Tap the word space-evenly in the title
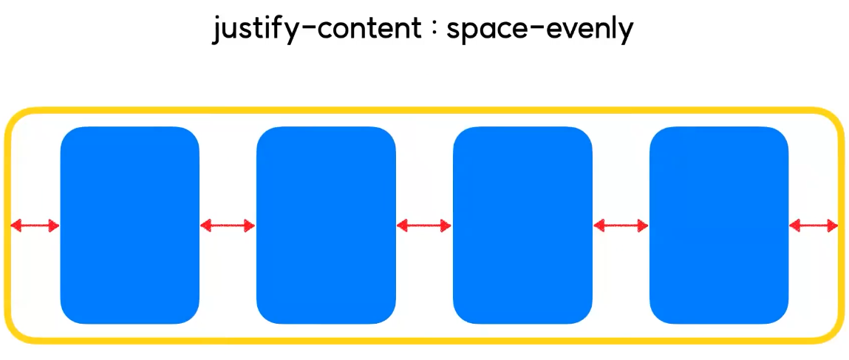tap(539, 30)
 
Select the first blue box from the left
tap(130, 225)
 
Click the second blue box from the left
tap(326, 225)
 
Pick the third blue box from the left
tap(522, 225)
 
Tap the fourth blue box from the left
tap(719, 225)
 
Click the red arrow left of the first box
tap(35, 225)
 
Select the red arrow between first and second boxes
tap(228, 225)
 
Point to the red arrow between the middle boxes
tap(424, 225)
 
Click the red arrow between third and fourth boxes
tap(621, 225)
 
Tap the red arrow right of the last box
tap(814, 225)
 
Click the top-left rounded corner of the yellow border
tap(16, 120)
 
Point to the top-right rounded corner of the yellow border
tap(831, 120)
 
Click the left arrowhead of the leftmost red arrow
tap(16, 225)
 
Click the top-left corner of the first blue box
tap(68, 135)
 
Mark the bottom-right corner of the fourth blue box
tap(780, 316)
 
